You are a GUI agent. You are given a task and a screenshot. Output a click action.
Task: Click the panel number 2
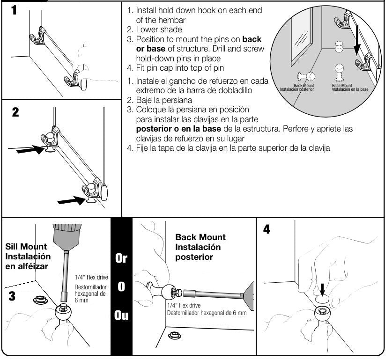click(x=15, y=112)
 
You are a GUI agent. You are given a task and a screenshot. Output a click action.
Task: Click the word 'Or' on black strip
click(x=121, y=258)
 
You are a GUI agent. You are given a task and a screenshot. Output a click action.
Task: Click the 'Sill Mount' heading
click(x=26, y=247)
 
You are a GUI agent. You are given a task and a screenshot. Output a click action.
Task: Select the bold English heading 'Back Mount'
click(x=200, y=237)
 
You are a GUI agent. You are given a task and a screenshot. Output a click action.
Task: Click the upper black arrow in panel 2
click(x=27, y=150)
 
